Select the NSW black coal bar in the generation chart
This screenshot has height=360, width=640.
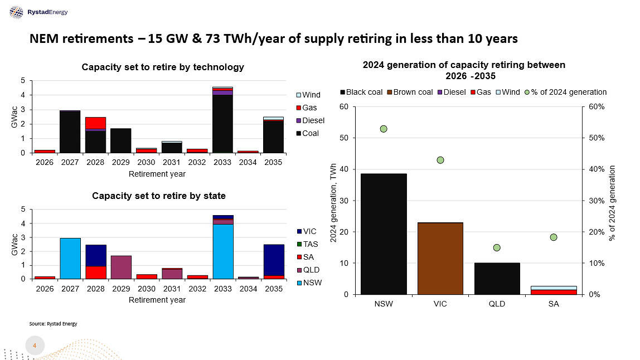click(x=384, y=234)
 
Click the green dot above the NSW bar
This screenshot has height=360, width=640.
click(x=384, y=129)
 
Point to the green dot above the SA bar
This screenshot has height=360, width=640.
click(x=554, y=237)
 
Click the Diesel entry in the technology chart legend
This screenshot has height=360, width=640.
click(x=312, y=120)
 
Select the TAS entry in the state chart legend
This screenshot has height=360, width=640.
click(x=310, y=244)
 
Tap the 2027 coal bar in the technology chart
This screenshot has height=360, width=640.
click(x=70, y=132)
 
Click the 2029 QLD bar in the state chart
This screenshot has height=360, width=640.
click(x=121, y=267)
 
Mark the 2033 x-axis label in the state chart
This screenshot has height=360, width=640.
click(x=222, y=289)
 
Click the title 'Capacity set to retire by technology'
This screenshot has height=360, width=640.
click(x=162, y=67)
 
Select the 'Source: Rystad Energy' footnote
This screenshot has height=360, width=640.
click(x=53, y=323)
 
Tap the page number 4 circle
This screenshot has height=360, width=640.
click(x=35, y=346)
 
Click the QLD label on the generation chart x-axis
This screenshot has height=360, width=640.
click(x=497, y=304)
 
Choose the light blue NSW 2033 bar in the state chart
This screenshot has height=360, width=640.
click(x=222, y=251)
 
